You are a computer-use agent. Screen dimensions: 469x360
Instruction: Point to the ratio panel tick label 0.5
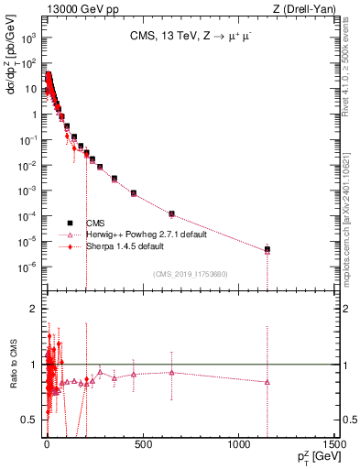(x=32, y=420)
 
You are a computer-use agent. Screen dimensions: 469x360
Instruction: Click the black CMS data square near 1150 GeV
(x=267, y=249)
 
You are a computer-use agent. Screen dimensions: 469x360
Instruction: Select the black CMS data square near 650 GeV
(x=171, y=213)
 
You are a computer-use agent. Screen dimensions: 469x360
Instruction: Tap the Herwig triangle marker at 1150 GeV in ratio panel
(x=267, y=382)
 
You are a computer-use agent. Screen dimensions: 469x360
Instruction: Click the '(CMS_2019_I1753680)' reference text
(x=190, y=273)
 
